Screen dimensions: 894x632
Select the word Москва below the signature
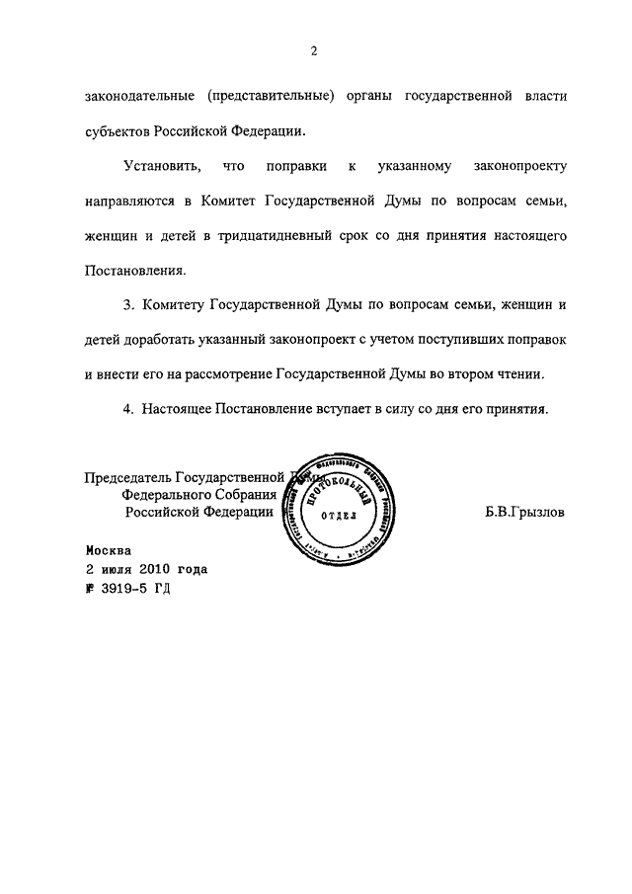point(107,552)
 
